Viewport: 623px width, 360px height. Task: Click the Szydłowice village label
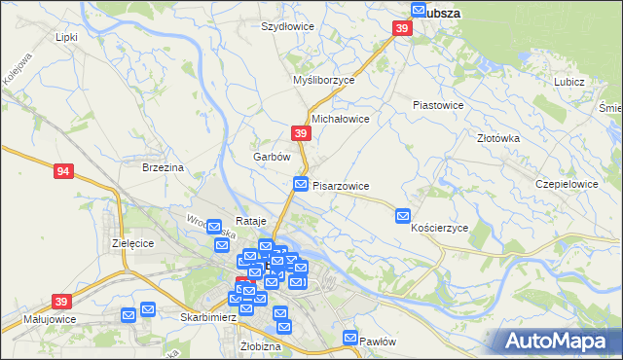click(287, 26)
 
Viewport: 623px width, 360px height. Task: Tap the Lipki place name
click(66, 37)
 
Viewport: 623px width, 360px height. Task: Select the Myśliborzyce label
click(324, 81)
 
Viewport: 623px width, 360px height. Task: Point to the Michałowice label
click(339, 119)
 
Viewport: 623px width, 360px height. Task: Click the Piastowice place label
click(438, 104)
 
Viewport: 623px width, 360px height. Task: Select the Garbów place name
click(272, 157)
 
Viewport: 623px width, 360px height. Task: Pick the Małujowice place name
click(50, 318)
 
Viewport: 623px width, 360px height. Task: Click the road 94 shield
click(64, 171)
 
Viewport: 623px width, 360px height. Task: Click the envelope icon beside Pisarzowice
click(302, 184)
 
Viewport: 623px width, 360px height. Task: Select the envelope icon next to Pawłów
click(351, 338)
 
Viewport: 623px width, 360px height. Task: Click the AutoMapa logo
click(560, 342)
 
